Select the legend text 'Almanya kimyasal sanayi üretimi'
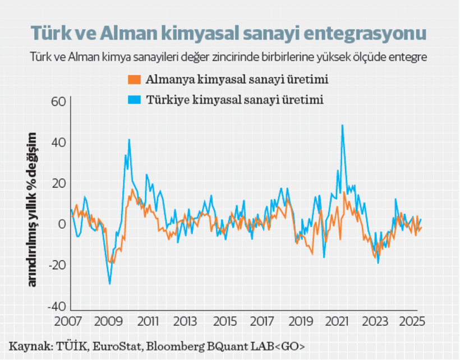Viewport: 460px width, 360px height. coord(237,79)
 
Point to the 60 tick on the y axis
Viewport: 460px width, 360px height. coord(59,101)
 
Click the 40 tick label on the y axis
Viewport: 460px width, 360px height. coord(59,142)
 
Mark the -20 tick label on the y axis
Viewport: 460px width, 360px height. coord(57,265)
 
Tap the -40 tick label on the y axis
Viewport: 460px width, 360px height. coord(57,306)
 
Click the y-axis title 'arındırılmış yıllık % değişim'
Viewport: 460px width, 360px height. coord(33,210)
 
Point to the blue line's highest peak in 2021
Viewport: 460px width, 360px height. coord(342,126)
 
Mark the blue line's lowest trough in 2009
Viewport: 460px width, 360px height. coord(109,284)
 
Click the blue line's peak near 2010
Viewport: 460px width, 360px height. coord(129,140)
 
